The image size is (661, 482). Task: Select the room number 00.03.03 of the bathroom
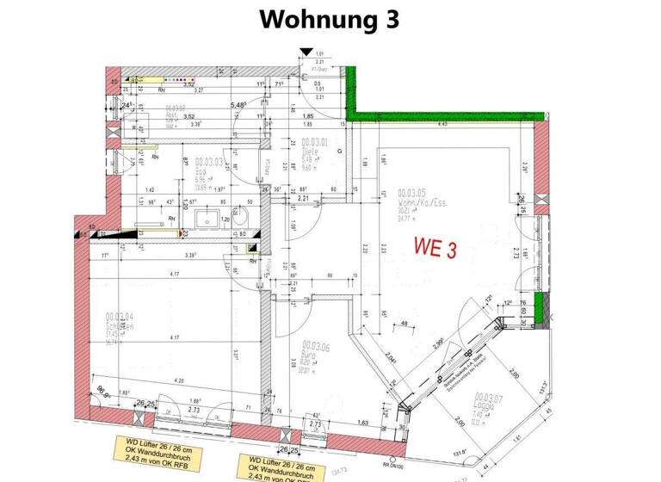tap(209, 161)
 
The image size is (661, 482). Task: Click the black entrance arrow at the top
tap(306, 53)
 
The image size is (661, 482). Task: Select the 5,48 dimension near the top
tap(238, 105)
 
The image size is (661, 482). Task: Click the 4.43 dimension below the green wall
tap(442, 125)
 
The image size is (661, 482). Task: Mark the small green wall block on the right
tap(540, 309)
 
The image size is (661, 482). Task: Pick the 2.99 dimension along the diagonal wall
tap(439, 343)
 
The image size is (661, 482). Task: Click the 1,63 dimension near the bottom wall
tap(364, 423)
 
